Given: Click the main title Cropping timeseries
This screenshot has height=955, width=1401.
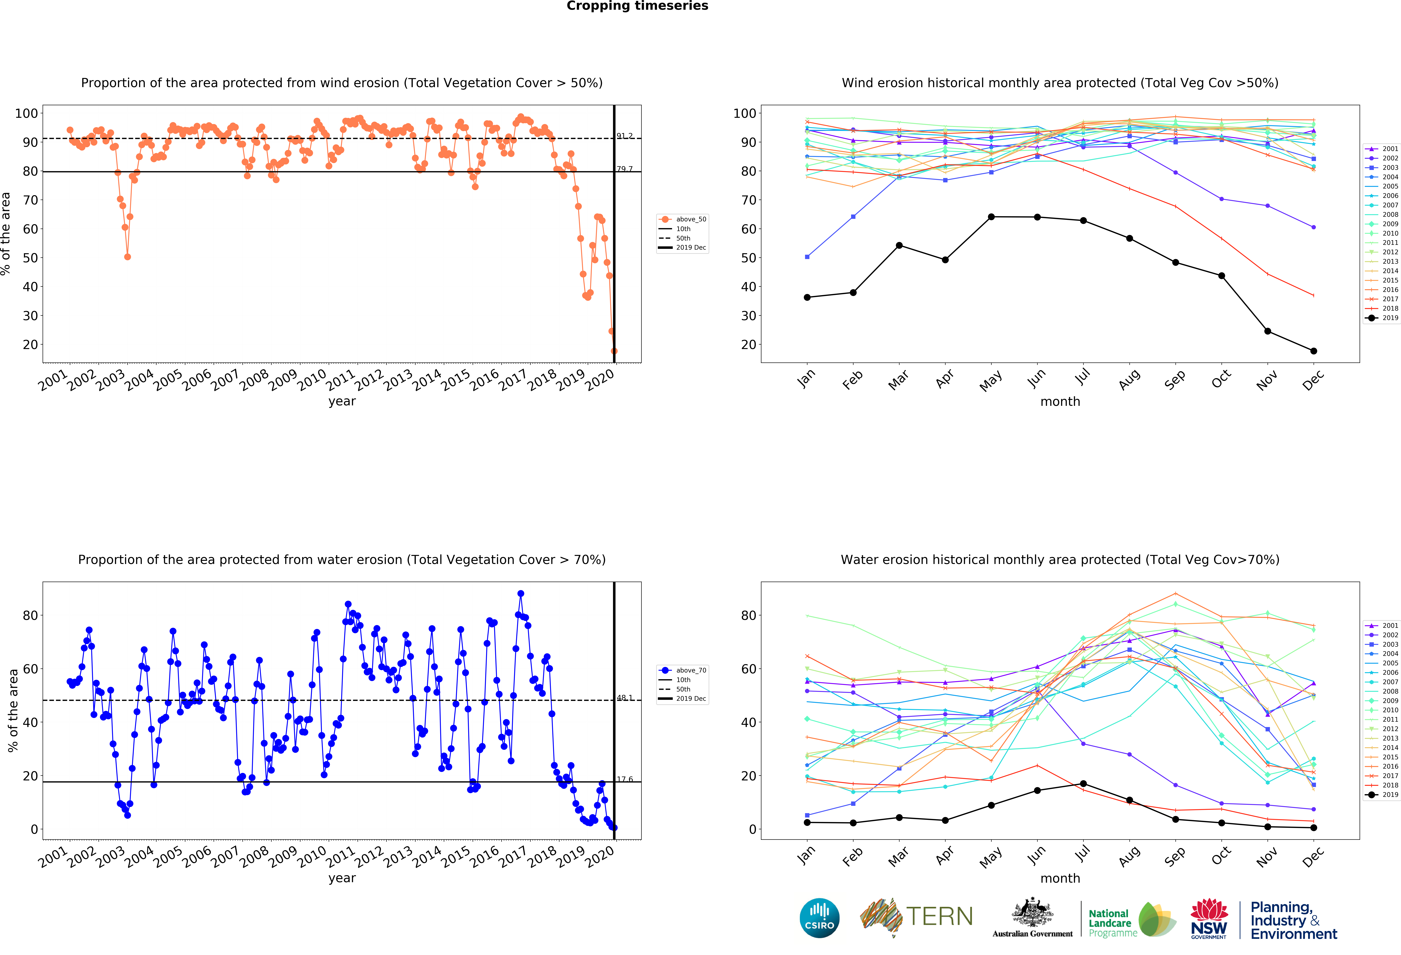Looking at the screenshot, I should (x=637, y=6).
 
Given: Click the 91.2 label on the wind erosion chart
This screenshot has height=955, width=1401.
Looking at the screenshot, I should (x=624, y=136).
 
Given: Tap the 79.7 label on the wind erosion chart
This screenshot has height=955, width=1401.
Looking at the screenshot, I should (x=624, y=169).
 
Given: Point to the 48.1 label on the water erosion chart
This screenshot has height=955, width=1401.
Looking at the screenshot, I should (x=624, y=698).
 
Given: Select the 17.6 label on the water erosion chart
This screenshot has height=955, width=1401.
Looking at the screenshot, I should (x=624, y=779).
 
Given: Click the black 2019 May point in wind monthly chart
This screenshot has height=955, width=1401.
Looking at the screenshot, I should (x=991, y=217).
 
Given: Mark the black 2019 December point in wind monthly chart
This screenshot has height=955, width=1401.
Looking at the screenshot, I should (x=1314, y=351).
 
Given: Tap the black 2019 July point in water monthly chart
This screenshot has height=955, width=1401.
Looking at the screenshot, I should (x=1083, y=784).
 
